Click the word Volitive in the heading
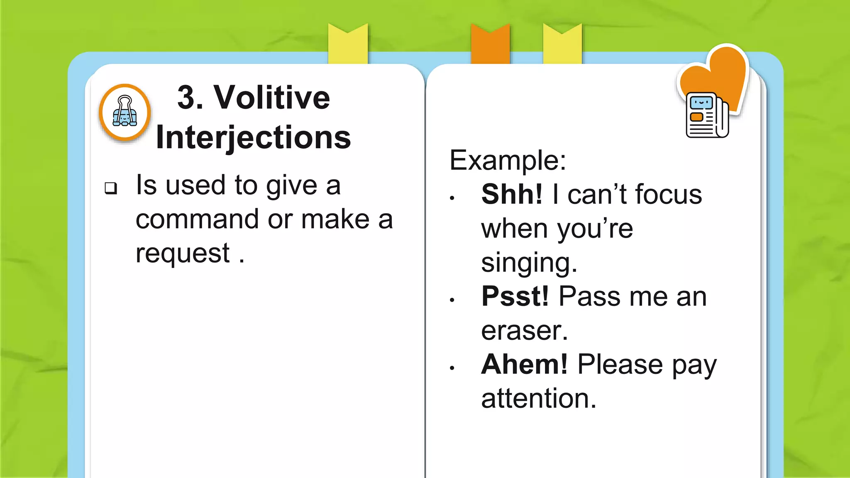tap(272, 98)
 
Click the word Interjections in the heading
tap(253, 137)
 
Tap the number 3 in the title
tap(186, 98)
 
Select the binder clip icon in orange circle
tap(125, 112)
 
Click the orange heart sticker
tap(722, 75)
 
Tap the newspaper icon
tap(706, 115)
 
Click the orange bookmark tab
tap(490, 44)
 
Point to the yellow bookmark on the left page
tap(348, 44)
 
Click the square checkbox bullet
tap(111, 188)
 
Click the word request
tap(183, 253)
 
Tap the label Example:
tap(508, 160)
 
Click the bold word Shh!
tap(512, 194)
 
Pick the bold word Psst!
tap(515, 296)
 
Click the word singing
tap(528, 263)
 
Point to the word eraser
tap(524, 331)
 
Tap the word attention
tap(538, 399)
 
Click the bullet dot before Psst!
tap(452, 300)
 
